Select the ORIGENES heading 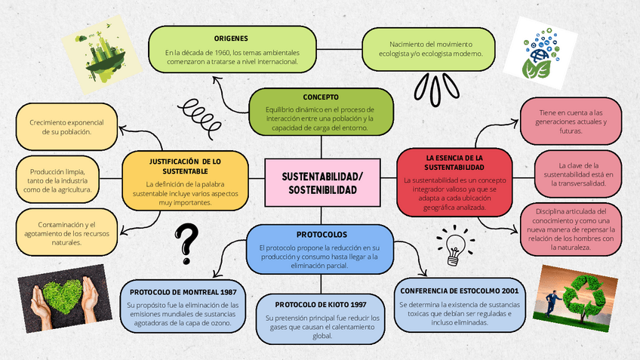pyautogui.click(x=231, y=38)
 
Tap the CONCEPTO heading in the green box pyautogui.click(x=320, y=97)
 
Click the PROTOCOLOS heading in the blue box pyautogui.click(x=322, y=234)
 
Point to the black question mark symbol pyautogui.click(x=186, y=243)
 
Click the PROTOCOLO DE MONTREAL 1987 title pyautogui.click(x=184, y=291)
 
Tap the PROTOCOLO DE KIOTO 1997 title pyautogui.click(x=321, y=304)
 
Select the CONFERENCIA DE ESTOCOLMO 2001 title pyautogui.click(x=459, y=291)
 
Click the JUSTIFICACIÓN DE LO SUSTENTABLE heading pyautogui.click(x=185, y=165)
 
